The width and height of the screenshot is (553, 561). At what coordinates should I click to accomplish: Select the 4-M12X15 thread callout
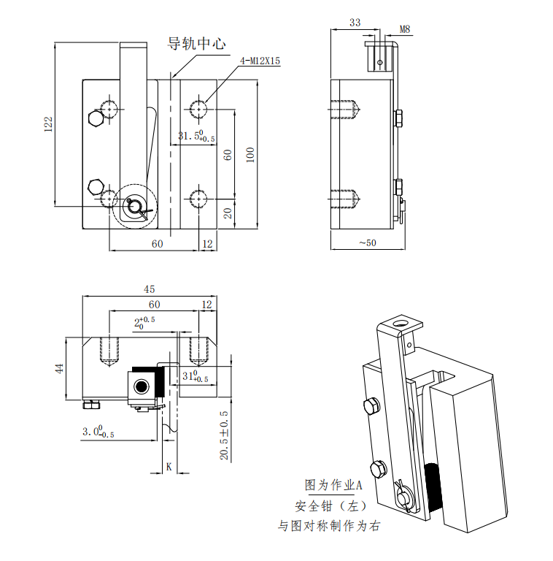pos(260,61)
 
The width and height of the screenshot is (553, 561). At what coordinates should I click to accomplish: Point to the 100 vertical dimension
pos(250,154)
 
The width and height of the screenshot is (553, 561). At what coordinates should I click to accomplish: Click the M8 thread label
pos(406,30)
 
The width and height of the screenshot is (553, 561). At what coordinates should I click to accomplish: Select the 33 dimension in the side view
pos(355,23)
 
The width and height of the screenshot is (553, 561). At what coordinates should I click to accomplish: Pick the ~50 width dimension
pos(367,243)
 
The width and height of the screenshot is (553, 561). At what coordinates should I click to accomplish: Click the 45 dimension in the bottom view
pos(149,290)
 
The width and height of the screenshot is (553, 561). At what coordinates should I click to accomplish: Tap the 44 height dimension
pos(60,368)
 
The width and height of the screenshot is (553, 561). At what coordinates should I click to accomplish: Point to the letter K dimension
pos(169,465)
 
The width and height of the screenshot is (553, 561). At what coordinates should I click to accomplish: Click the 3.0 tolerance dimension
pos(98,432)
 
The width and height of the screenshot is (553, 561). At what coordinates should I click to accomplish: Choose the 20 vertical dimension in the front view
pos(228,213)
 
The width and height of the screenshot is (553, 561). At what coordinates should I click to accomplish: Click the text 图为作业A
pos(333,485)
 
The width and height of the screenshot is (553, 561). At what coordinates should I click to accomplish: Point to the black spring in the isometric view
pos(431,486)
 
